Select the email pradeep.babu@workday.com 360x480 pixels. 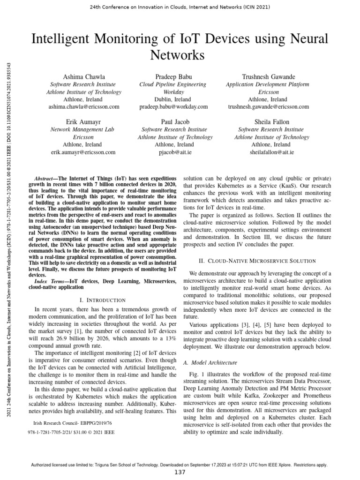pos(173,107)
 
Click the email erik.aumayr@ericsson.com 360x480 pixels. pos(82,152)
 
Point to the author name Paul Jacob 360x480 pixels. pos(173,121)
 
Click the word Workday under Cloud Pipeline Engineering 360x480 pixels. pos(173,92)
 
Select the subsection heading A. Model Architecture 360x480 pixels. pos(210,362)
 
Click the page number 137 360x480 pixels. pos(180,472)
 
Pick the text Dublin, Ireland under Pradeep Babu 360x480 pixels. pos(173,99)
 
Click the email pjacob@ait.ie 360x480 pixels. pos(173,152)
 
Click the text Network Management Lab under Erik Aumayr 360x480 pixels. pos(82,129)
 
